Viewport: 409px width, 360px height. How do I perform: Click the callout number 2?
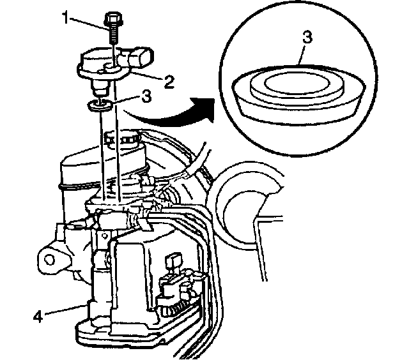click(169, 81)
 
